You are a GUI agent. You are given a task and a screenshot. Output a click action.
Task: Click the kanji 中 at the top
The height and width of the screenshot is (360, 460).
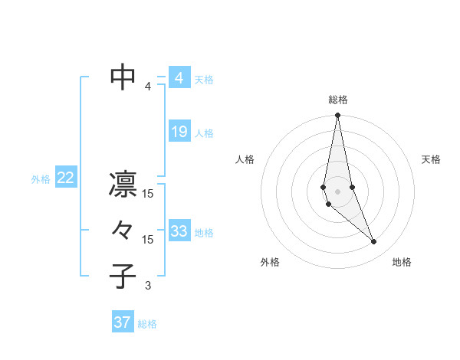pyautogui.click(x=123, y=77)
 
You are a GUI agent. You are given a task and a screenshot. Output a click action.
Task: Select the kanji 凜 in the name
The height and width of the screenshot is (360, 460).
pyautogui.click(x=123, y=184)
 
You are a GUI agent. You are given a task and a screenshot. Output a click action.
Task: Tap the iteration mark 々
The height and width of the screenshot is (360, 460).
pyautogui.click(x=123, y=230)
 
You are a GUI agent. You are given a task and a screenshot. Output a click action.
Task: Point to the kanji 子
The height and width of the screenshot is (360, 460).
pyautogui.click(x=123, y=276)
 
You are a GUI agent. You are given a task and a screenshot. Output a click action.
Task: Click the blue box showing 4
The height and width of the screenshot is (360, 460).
pyautogui.click(x=179, y=78)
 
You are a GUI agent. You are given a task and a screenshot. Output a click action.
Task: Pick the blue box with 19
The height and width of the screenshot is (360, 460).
pyautogui.click(x=179, y=132)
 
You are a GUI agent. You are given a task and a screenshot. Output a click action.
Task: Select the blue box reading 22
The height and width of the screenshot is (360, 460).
pyautogui.click(x=65, y=178)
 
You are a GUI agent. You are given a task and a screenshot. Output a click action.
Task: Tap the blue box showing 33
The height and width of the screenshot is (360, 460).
pyautogui.click(x=179, y=231)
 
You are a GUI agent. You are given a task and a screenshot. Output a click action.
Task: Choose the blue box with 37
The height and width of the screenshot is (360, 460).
pyautogui.click(x=122, y=322)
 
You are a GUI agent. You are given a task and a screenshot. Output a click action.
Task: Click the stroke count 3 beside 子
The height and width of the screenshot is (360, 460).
pyautogui.click(x=148, y=286)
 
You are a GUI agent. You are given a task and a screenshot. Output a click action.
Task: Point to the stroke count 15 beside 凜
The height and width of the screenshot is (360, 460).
pyautogui.click(x=148, y=194)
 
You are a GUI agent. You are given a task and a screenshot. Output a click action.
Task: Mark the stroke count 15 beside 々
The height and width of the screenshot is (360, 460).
pyautogui.click(x=148, y=240)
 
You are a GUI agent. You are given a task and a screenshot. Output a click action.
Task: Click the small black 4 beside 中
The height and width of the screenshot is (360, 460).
pyautogui.click(x=148, y=87)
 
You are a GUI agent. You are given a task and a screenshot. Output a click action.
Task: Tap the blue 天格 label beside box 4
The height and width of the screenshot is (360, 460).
pyautogui.click(x=204, y=80)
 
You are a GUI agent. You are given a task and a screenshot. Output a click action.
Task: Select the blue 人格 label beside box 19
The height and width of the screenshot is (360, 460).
pyautogui.click(x=204, y=133)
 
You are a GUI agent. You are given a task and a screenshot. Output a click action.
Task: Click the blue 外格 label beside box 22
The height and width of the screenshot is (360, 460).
pyautogui.click(x=41, y=179)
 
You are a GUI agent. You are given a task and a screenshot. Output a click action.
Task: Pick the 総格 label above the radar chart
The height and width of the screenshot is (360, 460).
pyautogui.click(x=337, y=100)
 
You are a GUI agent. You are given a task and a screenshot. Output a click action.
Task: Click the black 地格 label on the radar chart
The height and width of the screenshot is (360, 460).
pyautogui.click(x=402, y=262)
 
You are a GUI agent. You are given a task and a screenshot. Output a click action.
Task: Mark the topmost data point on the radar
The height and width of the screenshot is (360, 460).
pyautogui.click(x=337, y=116)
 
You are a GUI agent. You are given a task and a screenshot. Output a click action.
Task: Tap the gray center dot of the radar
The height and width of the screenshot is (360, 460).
pyautogui.click(x=337, y=190)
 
